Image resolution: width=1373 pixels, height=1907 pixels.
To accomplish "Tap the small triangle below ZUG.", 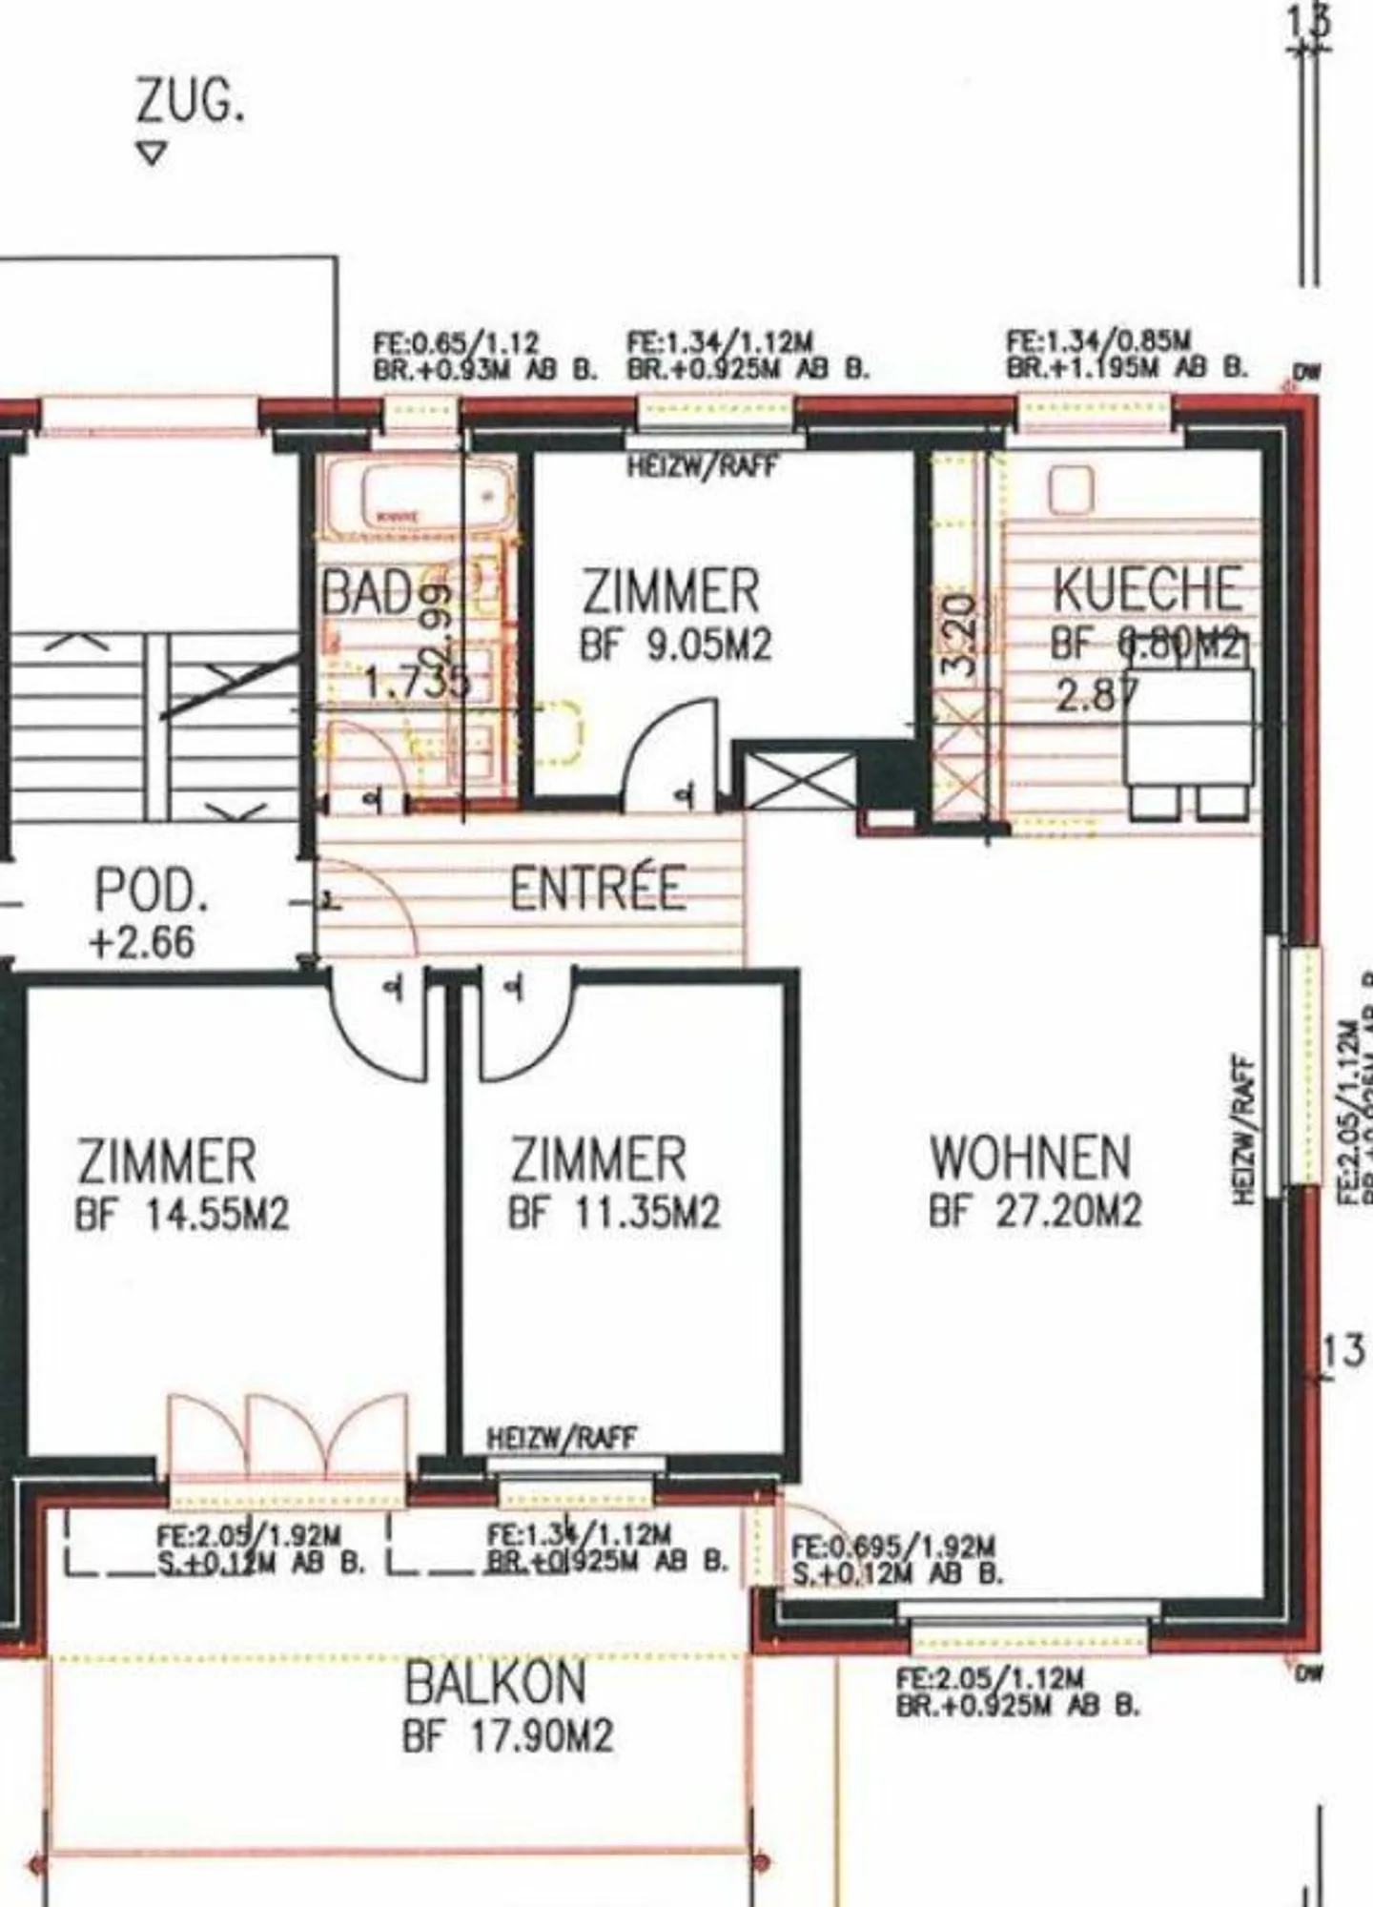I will tap(152, 153).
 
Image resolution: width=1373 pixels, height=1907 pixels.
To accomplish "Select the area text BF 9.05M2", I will tap(675, 646).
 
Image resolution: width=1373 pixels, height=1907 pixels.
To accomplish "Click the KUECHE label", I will tap(1147, 588).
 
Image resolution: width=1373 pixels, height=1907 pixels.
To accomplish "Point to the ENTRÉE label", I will tap(598, 889).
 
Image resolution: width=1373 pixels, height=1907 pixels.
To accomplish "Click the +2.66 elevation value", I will tap(142, 942).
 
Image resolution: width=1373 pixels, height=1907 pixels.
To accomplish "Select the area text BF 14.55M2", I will tap(181, 1215).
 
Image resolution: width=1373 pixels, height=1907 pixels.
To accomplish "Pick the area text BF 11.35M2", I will tap(614, 1213).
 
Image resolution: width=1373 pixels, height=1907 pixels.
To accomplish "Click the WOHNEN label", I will tap(1031, 1158).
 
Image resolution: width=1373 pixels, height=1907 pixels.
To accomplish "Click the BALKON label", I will tap(496, 1683).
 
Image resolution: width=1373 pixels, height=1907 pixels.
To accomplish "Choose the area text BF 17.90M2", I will tap(507, 1736).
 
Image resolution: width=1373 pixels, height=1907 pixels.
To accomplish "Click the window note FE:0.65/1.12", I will tap(457, 342).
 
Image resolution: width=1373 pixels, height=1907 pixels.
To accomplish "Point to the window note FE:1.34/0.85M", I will tap(1098, 340).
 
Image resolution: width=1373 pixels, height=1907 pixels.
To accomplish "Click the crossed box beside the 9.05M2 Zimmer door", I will tap(798, 776).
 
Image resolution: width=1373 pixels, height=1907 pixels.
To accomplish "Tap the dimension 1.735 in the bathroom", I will tap(417, 682).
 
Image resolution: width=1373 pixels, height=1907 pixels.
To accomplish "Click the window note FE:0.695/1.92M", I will tap(893, 1546).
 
